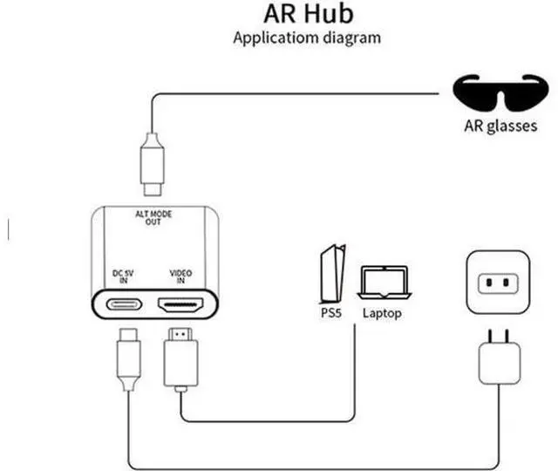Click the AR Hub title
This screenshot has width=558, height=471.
(x=308, y=14)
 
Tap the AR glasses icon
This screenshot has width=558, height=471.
(x=500, y=92)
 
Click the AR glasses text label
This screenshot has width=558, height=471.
(x=500, y=126)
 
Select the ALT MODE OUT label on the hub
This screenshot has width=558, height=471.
(x=153, y=218)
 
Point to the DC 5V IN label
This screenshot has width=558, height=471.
(x=123, y=276)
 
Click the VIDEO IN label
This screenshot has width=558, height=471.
(x=180, y=276)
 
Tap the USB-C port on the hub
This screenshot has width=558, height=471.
(x=124, y=304)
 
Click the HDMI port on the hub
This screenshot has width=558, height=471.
(x=180, y=305)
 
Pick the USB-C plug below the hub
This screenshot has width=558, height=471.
(x=128, y=358)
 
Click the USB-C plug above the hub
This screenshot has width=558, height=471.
(x=153, y=164)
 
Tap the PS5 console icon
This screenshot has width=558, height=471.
(x=333, y=273)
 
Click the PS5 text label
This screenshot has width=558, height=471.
(x=331, y=313)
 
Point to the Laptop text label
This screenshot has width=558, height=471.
(x=382, y=313)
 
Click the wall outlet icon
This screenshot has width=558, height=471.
(x=498, y=283)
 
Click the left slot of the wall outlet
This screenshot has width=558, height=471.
(x=489, y=283)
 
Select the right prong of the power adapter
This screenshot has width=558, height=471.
(x=507, y=337)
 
